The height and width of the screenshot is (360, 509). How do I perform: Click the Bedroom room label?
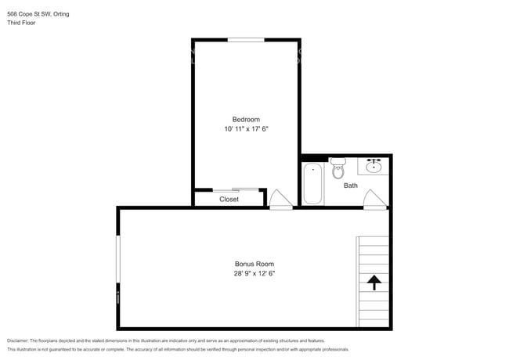point(246,119)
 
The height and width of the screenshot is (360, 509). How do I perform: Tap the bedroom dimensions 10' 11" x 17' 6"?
point(246,129)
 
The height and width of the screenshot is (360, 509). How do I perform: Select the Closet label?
point(229,200)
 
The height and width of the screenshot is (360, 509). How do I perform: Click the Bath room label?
point(351,185)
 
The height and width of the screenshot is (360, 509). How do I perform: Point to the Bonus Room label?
point(254,264)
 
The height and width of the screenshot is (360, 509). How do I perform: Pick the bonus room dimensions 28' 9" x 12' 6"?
point(254,274)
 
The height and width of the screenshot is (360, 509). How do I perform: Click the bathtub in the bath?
point(312,182)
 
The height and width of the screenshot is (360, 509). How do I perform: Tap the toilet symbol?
point(338,168)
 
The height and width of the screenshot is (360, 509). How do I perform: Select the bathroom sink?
point(374,166)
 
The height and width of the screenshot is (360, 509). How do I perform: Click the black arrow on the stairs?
point(374,282)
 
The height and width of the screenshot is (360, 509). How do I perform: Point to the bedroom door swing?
point(280,199)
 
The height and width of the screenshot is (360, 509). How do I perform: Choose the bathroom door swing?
point(374,199)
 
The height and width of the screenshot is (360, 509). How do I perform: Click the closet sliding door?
point(236,189)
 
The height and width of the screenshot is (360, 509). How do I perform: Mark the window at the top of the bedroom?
point(245,39)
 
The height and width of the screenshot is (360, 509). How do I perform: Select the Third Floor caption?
point(21,23)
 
